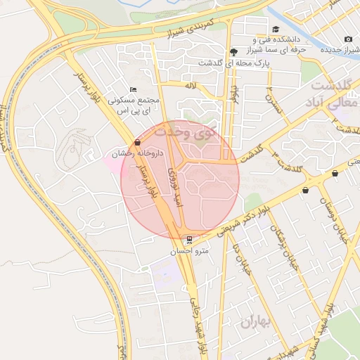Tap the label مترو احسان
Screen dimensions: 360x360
[x=188, y=250]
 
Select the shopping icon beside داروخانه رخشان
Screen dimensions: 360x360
[x=136, y=142]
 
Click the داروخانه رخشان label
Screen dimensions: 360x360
[x=137, y=153]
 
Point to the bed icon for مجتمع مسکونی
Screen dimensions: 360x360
[x=134, y=89]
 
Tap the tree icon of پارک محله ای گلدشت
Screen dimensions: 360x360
[x=233, y=51]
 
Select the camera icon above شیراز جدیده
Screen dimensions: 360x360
[x=348, y=39]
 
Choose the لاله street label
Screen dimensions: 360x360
[x=189, y=85]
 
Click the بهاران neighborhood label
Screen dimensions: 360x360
[x=255, y=323]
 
